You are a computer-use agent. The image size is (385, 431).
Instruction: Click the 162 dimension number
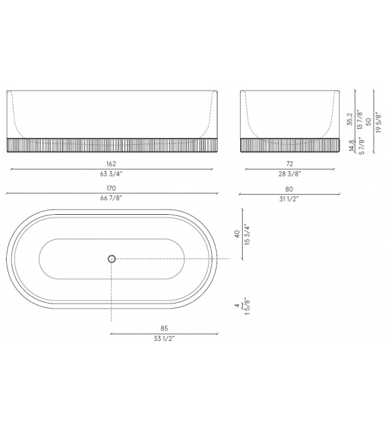point(111,164)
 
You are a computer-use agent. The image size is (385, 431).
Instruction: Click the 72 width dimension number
point(272,164)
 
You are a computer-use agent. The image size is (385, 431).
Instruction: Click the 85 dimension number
point(164,329)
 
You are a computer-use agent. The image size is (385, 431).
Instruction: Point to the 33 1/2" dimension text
point(164,338)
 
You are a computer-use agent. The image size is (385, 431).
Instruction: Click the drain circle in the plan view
point(111,258)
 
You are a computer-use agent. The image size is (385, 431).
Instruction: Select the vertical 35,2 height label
point(351,119)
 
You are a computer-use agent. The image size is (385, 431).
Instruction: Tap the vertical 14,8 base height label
point(351,146)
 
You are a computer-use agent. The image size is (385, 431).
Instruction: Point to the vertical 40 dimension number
point(237,234)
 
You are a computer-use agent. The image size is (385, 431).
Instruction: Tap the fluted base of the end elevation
point(272,145)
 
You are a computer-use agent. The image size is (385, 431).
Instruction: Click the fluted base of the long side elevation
point(111,145)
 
